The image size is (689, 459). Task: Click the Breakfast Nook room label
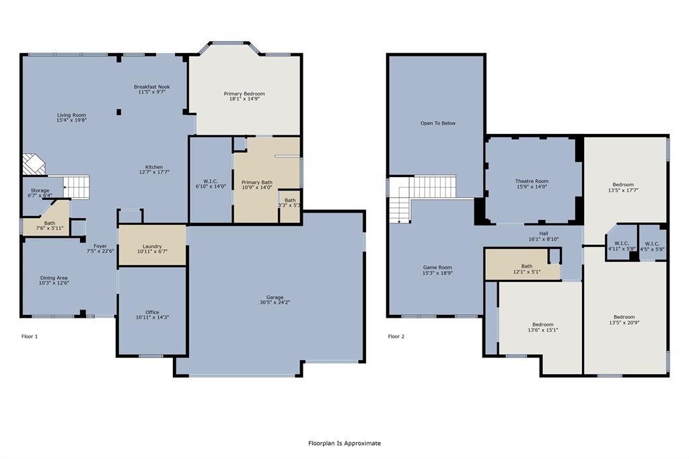tap(151, 87)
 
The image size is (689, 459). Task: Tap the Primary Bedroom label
tap(244, 94)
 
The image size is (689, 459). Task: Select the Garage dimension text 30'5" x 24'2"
tap(275, 302)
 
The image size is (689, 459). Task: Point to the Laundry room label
tap(152, 246)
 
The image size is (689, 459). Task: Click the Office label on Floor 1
tap(152, 312)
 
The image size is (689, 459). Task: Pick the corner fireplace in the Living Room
tap(32, 164)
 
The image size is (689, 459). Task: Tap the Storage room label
tap(40, 190)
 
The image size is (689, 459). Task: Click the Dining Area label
tap(53, 277)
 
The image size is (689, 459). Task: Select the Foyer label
tap(100, 246)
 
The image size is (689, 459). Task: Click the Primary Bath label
tap(256, 182)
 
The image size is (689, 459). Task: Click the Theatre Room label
tap(532, 181)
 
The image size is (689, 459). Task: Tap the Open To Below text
tap(438, 123)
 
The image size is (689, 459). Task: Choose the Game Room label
tap(437, 267)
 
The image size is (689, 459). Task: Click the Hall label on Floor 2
tap(543, 234)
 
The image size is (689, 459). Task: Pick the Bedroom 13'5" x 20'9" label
tap(623, 317)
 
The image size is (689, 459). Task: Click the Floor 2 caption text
tap(396, 336)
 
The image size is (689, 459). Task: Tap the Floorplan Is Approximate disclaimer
tap(344, 443)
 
